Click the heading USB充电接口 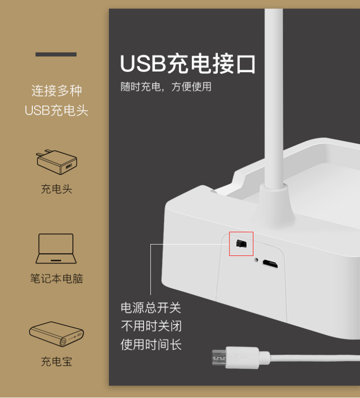(188, 63)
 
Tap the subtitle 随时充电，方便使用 (166, 87)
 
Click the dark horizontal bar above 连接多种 (56, 54)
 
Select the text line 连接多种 (57, 90)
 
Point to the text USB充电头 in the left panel (56, 111)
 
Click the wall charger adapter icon (56, 162)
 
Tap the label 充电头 (56, 189)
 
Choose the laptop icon (56, 249)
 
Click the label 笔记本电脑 (56, 278)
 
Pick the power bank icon (56, 334)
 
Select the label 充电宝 (56, 362)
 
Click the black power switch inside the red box (241, 244)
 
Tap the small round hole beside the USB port (256, 260)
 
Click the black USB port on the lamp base (270, 264)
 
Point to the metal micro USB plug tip (219, 358)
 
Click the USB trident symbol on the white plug (241, 358)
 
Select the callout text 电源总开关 (151, 308)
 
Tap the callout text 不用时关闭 (151, 326)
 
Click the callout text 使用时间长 (151, 344)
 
